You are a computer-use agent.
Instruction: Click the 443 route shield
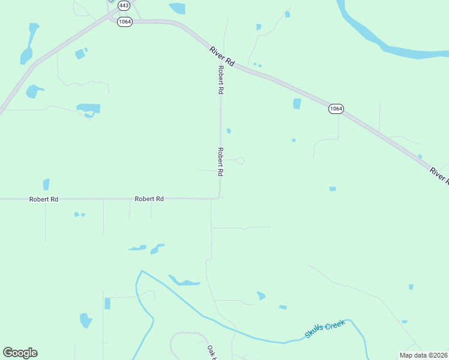click(x=124, y=5)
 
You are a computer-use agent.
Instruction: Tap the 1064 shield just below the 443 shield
click(x=124, y=22)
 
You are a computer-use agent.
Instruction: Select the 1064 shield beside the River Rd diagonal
click(x=336, y=109)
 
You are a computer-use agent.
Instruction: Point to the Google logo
click(x=20, y=353)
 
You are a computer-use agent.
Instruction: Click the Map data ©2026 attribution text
click(x=423, y=355)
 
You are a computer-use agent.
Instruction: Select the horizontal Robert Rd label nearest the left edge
click(x=44, y=199)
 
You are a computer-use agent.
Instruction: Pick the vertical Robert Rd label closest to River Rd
click(x=221, y=80)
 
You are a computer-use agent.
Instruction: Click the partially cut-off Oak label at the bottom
click(x=211, y=352)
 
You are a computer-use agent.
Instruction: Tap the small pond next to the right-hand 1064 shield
click(x=297, y=104)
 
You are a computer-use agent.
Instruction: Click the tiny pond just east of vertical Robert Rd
click(x=229, y=131)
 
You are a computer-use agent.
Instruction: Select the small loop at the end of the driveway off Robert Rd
click(x=240, y=161)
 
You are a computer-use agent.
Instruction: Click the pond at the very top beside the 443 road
click(x=177, y=8)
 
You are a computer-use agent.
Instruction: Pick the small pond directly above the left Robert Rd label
click(x=46, y=184)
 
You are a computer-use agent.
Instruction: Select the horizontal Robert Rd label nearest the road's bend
click(x=149, y=199)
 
